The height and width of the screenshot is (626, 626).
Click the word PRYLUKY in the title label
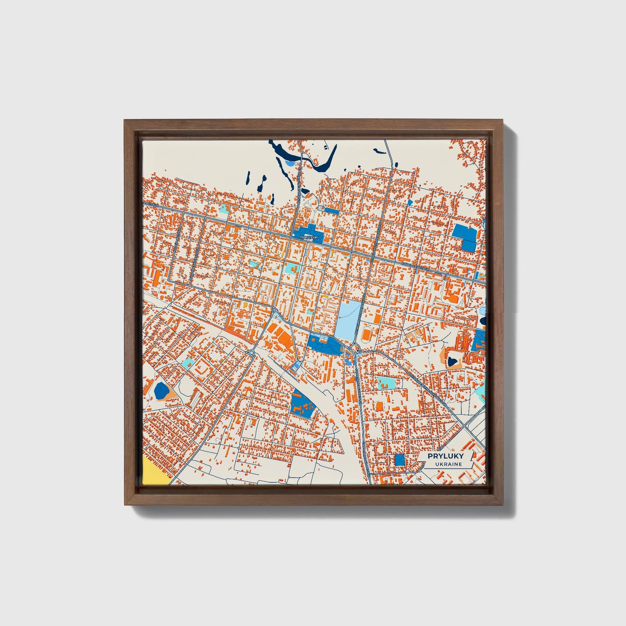coord(445,456)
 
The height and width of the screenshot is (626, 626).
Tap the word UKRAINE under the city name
coord(445,464)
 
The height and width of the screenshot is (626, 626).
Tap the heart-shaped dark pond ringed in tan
coord(453,360)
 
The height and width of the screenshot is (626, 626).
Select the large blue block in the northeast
coord(465,237)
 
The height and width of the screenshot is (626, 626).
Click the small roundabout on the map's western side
coord(252,353)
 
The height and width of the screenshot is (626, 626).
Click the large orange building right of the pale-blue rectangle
coord(366,334)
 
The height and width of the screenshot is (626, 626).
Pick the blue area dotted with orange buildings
coord(303,404)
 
